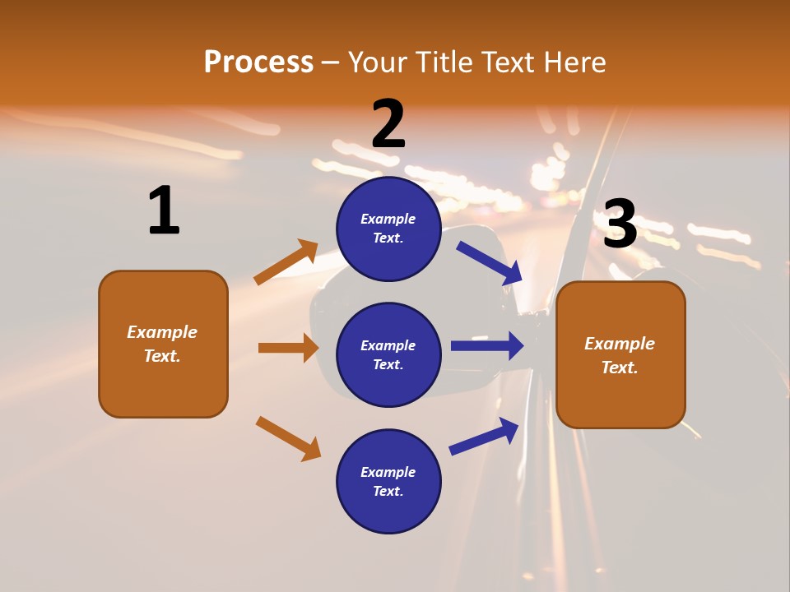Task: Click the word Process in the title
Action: coord(258,62)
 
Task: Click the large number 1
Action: coord(164,210)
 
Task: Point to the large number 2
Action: coord(388,124)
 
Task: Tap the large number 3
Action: coord(620,224)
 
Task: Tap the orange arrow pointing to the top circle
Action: coord(286,262)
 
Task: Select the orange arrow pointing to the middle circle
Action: coord(288,348)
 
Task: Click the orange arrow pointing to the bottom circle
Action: coord(288,438)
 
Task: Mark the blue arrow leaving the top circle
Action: coord(489,263)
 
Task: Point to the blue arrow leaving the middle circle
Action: coord(487,345)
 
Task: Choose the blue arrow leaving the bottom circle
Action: coord(484,436)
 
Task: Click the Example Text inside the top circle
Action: coord(388,229)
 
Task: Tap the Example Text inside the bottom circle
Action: coord(388,482)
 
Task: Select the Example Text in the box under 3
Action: coord(620,355)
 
